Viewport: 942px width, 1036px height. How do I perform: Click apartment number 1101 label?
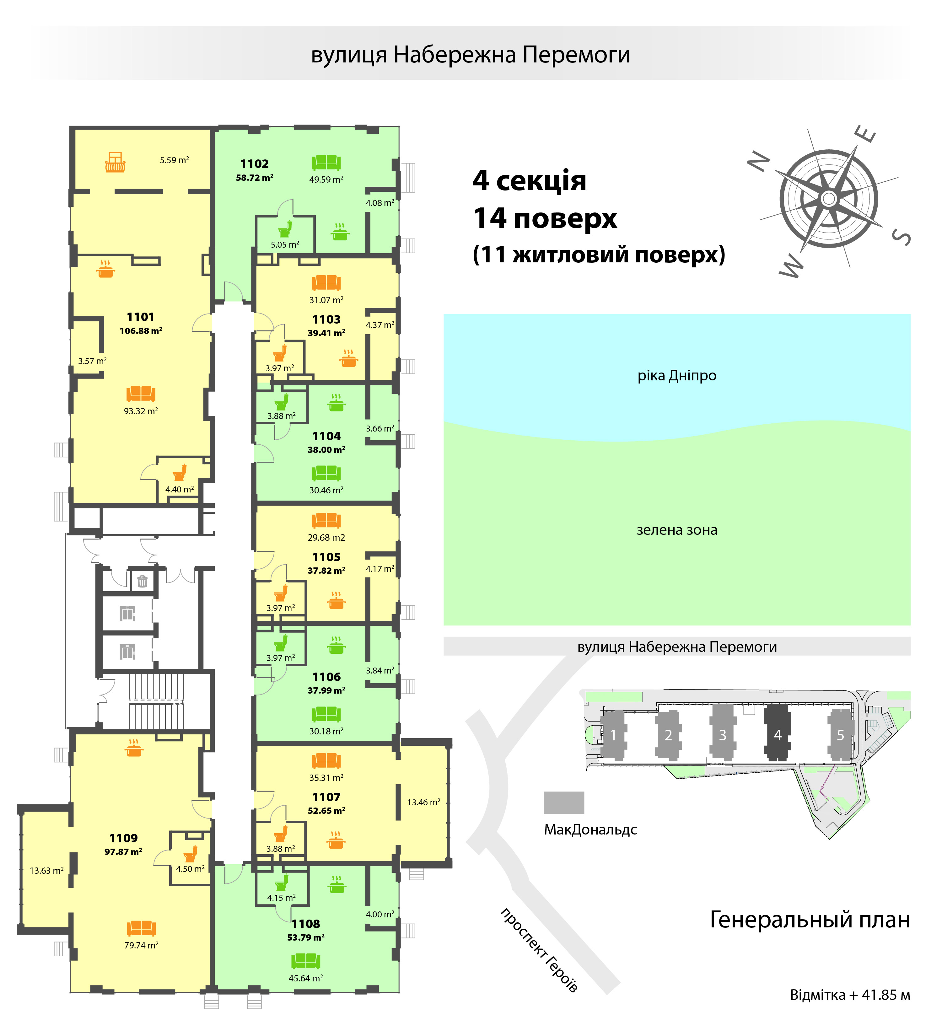140,317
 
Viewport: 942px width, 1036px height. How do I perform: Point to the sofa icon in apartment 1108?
305,960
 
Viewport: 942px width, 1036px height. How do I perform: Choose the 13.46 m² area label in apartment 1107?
423,802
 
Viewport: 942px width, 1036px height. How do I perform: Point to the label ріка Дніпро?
677,376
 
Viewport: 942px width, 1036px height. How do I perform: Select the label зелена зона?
677,530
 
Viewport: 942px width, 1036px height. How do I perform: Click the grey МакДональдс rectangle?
564,802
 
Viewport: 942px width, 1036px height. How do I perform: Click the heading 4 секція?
529,180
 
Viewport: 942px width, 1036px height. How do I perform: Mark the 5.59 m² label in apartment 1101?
174,160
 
